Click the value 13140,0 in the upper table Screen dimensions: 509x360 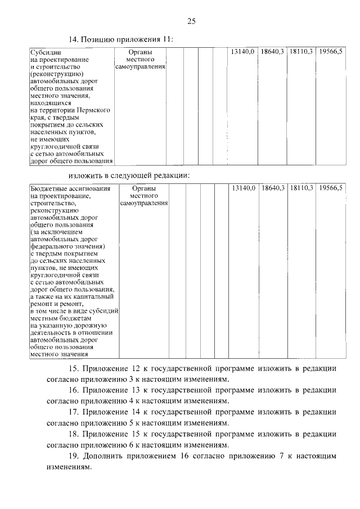[244, 52]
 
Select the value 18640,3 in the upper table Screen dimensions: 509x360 [273, 52]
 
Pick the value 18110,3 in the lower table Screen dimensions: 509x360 [301, 187]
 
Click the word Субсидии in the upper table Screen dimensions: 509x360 [44, 52]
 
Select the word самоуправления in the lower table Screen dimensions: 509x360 [144, 202]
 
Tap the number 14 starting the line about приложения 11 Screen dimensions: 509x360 [73, 39]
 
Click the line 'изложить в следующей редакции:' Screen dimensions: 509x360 [129, 175]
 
